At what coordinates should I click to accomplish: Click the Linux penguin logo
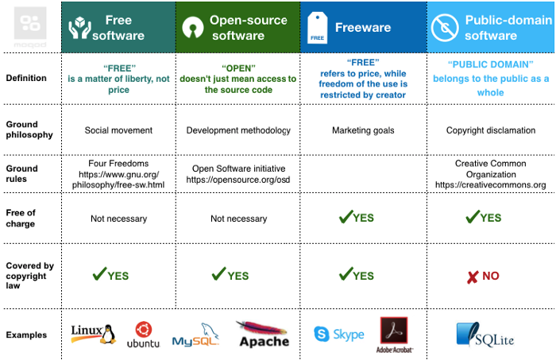94,334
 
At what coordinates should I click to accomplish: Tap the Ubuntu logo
143,335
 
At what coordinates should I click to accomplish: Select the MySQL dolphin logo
195,335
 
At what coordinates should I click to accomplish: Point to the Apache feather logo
263,334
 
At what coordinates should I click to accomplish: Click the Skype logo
339,334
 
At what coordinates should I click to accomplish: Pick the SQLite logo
485,335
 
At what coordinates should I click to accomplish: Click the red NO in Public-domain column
483,277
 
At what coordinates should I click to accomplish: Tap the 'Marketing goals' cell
363,130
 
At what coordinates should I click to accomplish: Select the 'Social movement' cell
118,130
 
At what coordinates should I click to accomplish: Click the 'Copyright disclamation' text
491,130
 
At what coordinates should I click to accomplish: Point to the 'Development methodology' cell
238,130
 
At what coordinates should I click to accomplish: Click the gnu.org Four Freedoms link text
118,180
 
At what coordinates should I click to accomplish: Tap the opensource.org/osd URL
238,180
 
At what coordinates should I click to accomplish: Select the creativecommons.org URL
490,185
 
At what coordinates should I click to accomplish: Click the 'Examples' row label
26,335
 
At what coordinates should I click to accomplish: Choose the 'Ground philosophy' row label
29,130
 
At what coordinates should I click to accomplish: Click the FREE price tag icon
317,28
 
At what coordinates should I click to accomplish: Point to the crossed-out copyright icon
445,28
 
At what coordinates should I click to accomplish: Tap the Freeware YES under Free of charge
356,218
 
